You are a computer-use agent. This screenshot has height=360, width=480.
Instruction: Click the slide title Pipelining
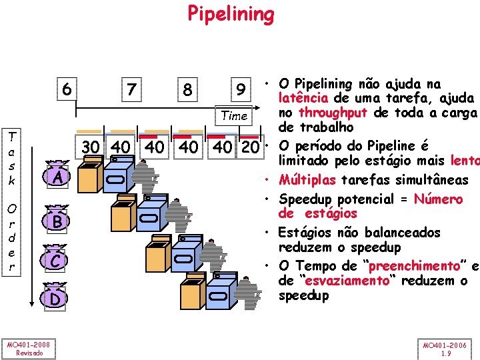(231, 13)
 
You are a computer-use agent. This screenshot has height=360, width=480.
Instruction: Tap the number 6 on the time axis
(67, 87)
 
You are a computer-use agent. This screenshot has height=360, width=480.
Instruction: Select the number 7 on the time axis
(132, 88)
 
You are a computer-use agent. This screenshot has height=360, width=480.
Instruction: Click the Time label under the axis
(234, 116)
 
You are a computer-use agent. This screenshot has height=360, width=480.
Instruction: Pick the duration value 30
(91, 147)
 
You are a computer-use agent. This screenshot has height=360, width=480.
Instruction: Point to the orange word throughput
(331, 113)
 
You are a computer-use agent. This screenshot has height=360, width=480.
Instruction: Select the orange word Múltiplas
(309, 180)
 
